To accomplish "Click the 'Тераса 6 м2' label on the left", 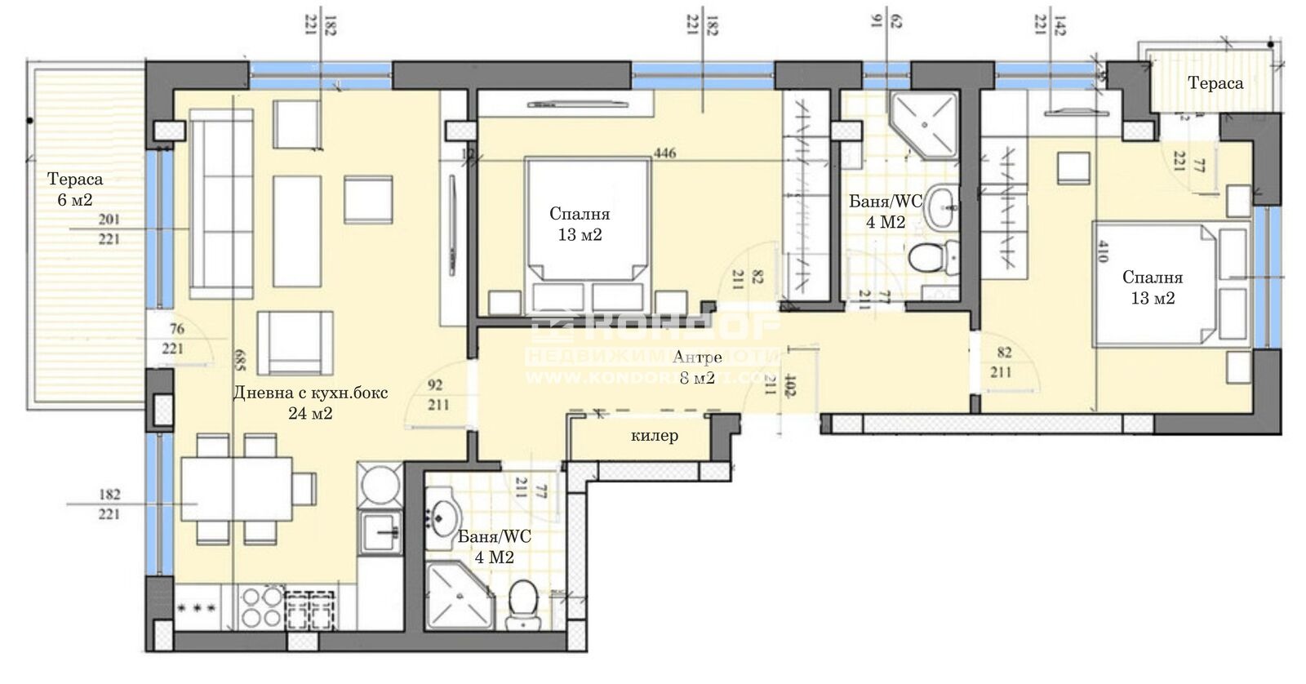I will tap(74, 189).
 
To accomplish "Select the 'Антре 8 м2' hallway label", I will tap(695, 367).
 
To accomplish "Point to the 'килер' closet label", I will tap(654, 436).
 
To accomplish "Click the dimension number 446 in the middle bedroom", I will tap(664, 153).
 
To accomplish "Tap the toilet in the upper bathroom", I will tap(928, 258).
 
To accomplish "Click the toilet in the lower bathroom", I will tap(519, 605).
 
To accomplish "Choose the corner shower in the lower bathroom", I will tap(457, 600).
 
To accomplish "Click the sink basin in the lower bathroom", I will tap(445, 514).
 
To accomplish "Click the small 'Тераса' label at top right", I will tap(1215, 83).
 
